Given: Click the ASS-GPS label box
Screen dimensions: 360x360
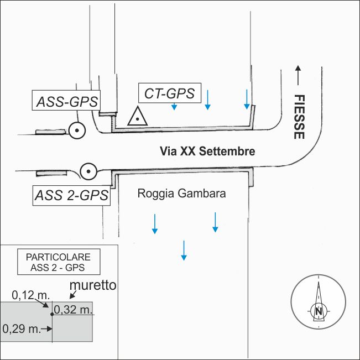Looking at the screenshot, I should (67, 102).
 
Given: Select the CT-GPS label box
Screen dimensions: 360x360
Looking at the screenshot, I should (169, 93).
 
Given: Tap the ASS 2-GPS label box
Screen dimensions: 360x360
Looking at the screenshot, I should (71, 195).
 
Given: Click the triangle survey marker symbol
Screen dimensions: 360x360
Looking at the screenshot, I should (136, 117).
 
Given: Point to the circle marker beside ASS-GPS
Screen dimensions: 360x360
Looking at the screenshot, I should (77, 131).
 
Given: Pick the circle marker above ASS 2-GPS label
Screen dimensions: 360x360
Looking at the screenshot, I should (88, 172).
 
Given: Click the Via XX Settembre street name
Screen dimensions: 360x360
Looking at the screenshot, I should (207, 150).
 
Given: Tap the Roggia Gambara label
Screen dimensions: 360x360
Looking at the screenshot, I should (181, 195).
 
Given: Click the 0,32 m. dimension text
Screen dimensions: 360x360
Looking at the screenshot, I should (73, 309).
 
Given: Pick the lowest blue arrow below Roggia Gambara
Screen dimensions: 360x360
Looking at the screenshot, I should (184, 250).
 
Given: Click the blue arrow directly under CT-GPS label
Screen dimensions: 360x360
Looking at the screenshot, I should (174, 106).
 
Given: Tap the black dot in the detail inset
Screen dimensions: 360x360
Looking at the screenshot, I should (51, 314).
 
